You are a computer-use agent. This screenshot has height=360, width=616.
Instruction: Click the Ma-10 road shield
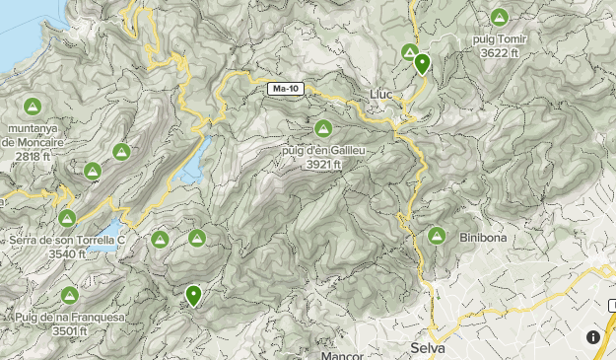point(284,90)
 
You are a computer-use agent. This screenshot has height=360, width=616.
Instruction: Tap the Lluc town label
point(380,95)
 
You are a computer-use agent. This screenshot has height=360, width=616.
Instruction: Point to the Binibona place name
point(482,238)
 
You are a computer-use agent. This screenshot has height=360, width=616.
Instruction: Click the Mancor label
point(342,354)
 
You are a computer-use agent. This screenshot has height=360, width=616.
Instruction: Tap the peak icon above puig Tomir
point(500,18)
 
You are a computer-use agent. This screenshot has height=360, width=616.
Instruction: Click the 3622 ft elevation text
point(500,52)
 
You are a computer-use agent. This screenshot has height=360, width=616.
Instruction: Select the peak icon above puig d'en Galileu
point(322,128)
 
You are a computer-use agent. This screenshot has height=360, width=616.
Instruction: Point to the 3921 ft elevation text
point(323,164)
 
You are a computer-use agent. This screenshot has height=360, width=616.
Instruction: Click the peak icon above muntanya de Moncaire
point(31,106)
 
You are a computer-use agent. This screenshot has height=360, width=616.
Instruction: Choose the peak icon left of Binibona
point(437,236)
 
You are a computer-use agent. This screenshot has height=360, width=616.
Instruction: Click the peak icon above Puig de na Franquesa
point(69,295)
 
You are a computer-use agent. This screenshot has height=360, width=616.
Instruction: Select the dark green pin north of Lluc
point(422,64)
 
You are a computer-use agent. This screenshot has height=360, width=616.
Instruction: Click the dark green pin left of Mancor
point(193,294)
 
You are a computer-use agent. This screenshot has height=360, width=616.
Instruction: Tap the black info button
point(593,337)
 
